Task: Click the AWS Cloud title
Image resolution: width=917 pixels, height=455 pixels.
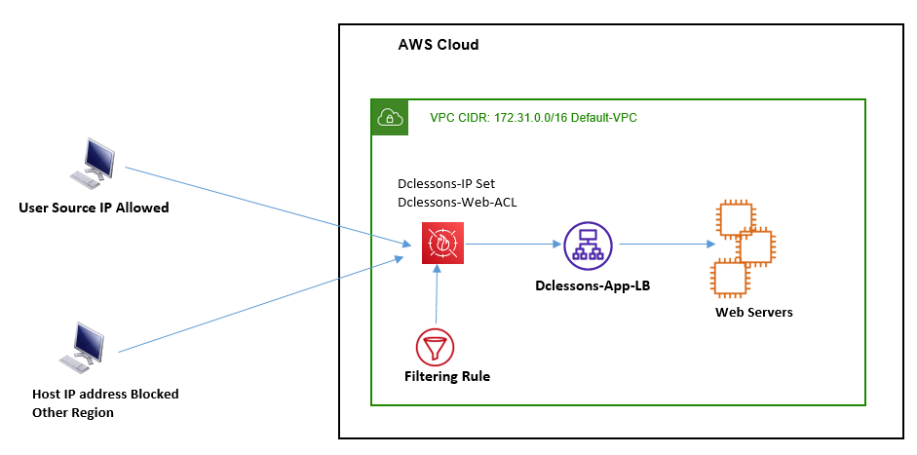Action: pyautogui.click(x=439, y=45)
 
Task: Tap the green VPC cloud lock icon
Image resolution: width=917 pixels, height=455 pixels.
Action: pyautogui.click(x=390, y=118)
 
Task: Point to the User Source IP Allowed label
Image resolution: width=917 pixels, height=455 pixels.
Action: pyautogui.click(x=94, y=208)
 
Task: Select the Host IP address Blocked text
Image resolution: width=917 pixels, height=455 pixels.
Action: pyautogui.click(x=105, y=394)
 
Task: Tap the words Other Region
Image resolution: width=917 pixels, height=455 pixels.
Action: pyautogui.click(x=73, y=412)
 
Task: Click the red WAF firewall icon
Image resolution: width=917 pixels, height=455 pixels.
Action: pyautogui.click(x=442, y=243)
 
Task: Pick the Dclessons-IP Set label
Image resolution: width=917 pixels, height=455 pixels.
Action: pyautogui.click(x=446, y=183)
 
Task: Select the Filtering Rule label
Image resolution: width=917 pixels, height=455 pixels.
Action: pyautogui.click(x=447, y=376)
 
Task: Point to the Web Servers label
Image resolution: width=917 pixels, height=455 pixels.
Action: pyautogui.click(x=754, y=313)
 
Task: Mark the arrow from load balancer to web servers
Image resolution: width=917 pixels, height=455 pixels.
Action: pyautogui.click(x=668, y=245)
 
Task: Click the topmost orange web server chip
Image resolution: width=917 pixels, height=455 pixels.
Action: pyautogui.click(x=736, y=218)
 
